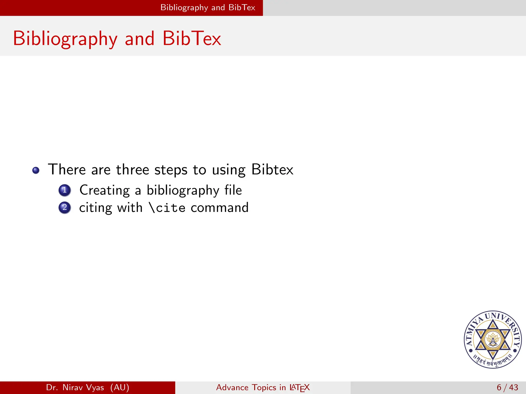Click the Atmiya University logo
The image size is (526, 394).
point(493,339)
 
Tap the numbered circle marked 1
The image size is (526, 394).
point(64,190)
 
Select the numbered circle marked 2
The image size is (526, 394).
point(64,208)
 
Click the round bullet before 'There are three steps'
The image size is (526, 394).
point(36,170)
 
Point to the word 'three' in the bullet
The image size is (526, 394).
point(132,170)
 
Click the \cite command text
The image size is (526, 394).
point(167,208)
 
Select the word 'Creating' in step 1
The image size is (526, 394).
point(105,191)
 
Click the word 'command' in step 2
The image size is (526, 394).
point(220,208)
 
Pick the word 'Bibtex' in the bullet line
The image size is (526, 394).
point(272,170)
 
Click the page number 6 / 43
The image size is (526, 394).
point(507,387)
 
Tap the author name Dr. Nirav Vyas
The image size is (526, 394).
point(75,387)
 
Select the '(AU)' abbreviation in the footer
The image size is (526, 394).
point(120,387)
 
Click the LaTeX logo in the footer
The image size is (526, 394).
point(299,388)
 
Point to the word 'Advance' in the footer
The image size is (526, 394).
point(232,387)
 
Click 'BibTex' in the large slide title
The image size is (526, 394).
point(192,38)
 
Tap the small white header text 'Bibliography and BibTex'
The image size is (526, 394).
point(208,8)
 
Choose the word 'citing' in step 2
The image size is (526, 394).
point(95,208)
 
